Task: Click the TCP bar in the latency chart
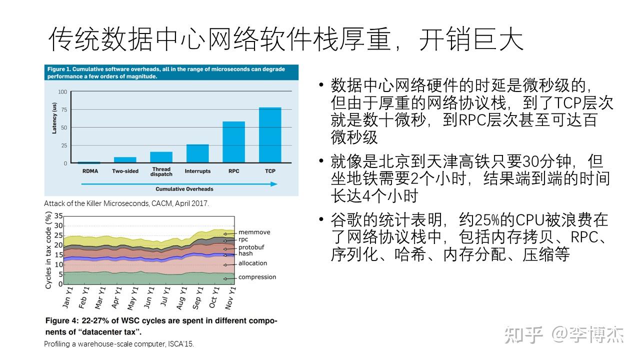pos(270,135)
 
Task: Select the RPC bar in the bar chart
pos(233,142)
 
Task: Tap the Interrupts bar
pos(197,153)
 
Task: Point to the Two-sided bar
pos(125,160)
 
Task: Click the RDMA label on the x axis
pos(90,171)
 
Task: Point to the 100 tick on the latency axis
pos(62,92)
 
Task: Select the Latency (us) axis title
pos(54,118)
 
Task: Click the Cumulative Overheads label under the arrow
pos(184,189)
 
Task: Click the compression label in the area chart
pos(257,277)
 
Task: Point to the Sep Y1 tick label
pos(198,297)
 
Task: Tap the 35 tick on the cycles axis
pos(59,216)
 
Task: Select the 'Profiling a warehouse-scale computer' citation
pos(119,344)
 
